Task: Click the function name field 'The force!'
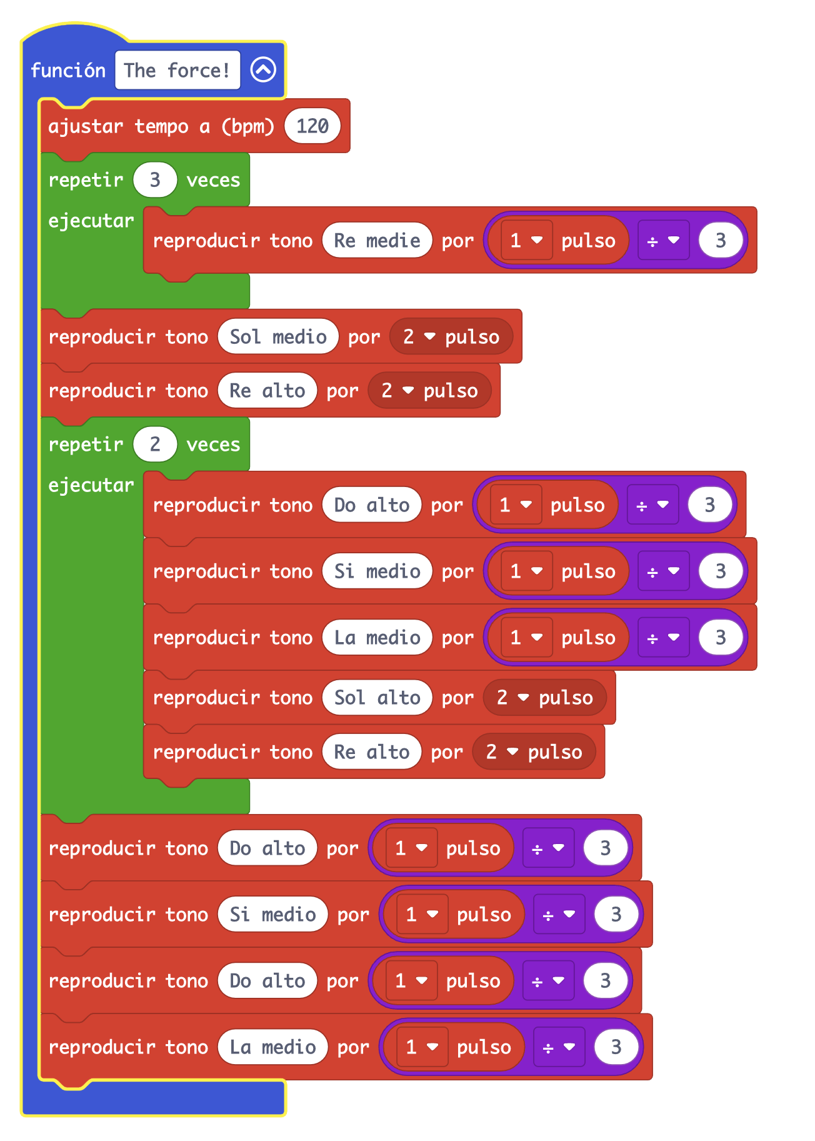177,70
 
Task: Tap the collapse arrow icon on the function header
263,70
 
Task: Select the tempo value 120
312,126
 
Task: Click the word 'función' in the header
68,70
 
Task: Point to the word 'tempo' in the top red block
161,126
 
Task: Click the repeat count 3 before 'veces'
155,180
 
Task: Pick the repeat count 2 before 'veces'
155,445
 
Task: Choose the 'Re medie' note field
377,240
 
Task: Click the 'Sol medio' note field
278,337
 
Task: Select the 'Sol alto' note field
377,698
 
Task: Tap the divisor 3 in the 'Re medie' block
721,240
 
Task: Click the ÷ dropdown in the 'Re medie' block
663,240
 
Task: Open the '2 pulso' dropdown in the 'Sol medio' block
451,337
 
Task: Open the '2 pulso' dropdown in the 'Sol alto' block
544,698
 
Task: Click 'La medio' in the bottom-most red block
272,1047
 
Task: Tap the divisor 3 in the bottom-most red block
616,1047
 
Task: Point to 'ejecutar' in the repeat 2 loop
91,485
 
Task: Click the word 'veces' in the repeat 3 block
213,180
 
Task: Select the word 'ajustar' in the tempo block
86,126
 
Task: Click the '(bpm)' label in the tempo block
247,126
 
